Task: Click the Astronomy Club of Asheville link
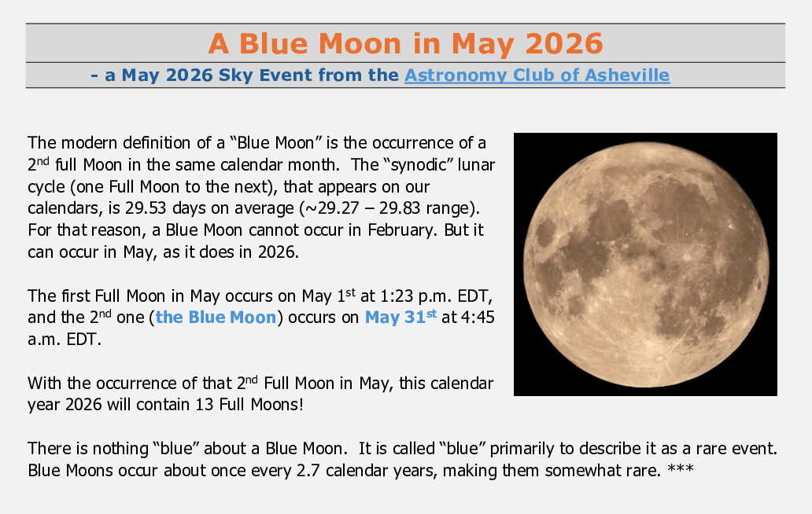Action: pos(537,75)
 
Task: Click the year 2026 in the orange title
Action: pos(564,43)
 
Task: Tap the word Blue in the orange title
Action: pos(274,43)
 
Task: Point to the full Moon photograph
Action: pos(645,264)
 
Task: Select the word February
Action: pos(401,229)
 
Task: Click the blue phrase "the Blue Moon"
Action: pos(216,317)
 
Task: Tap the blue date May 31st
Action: pos(400,317)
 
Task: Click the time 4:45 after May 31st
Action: pos(478,317)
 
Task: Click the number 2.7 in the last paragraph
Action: pos(308,471)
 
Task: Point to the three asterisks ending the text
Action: pos(681,469)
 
